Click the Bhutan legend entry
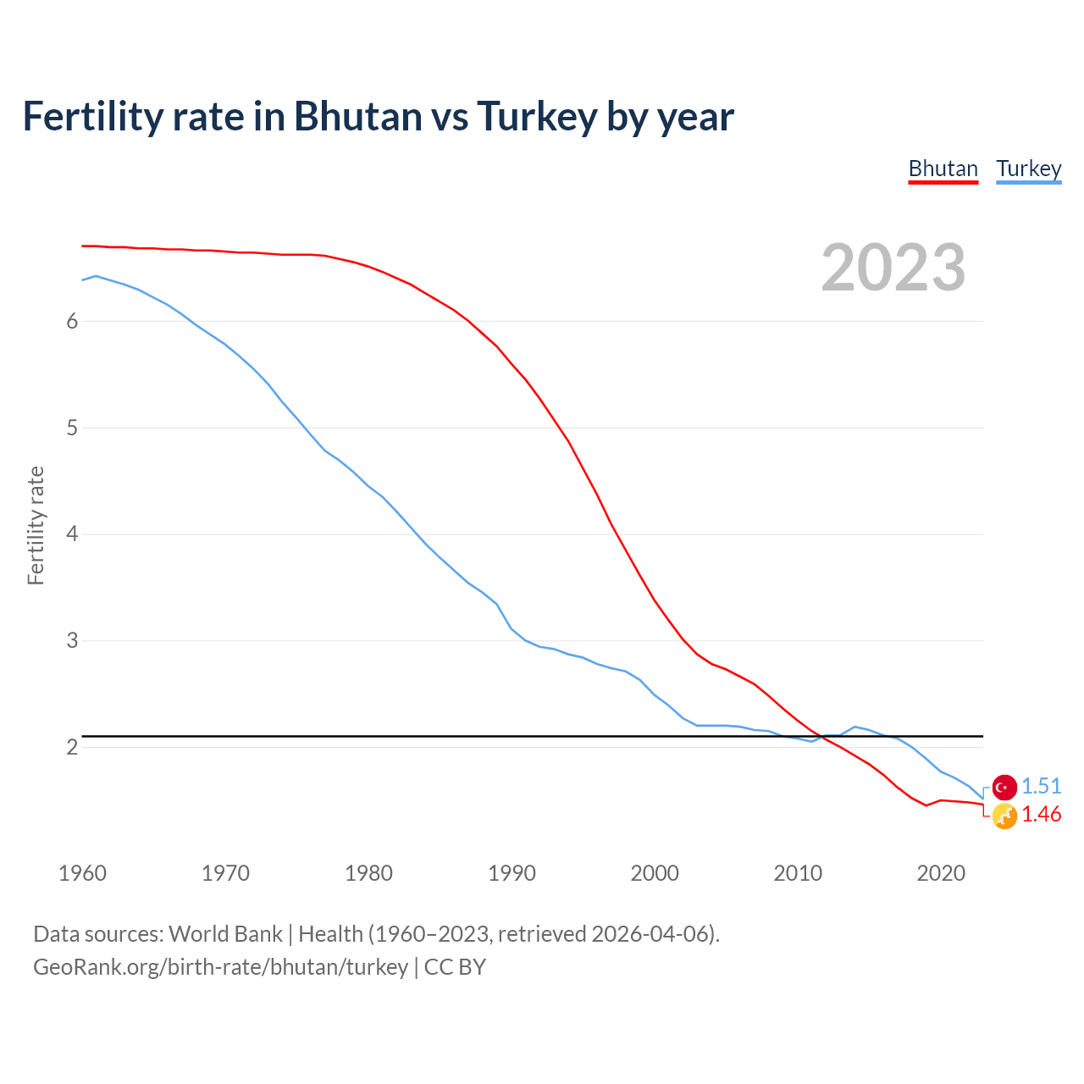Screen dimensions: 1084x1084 [943, 169]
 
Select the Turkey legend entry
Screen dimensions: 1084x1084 [1028, 169]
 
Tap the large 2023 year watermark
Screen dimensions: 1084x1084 [893, 268]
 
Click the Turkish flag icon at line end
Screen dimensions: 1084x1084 [1004, 788]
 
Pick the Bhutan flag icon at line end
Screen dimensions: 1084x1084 [1004, 816]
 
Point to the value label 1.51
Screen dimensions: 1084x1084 [1041, 786]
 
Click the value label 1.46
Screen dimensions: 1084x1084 [1041, 814]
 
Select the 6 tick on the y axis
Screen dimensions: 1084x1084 [72, 321]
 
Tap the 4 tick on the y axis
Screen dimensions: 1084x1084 [72, 534]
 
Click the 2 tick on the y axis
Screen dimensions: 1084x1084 [72, 747]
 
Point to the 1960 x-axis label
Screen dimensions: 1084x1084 [82, 873]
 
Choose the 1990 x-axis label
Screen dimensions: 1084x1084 [512, 873]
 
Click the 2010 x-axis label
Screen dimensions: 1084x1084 [798, 873]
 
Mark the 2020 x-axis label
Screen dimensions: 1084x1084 [941, 873]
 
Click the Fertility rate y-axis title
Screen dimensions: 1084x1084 [36, 525]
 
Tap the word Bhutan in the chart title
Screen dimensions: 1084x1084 [357, 116]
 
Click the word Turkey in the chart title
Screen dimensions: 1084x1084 [537, 116]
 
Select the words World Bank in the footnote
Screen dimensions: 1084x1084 [225, 934]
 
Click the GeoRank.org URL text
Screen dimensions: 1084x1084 [220, 967]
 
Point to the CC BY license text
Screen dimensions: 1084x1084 [455, 967]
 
